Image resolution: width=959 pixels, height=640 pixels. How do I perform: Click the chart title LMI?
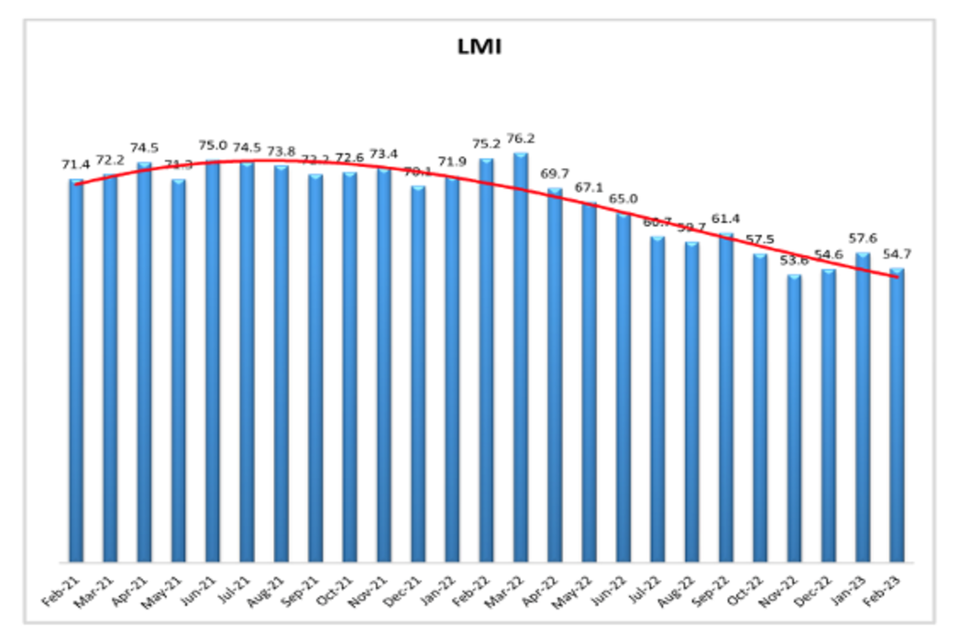(479, 47)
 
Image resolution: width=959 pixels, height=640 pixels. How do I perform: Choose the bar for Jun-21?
(213, 360)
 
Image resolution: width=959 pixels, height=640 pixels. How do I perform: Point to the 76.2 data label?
(521, 138)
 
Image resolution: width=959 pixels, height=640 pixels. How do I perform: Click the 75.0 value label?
(213, 146)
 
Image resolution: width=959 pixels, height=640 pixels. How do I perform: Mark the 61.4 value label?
(726, 218)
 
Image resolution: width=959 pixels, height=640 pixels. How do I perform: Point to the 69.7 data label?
(555, 174)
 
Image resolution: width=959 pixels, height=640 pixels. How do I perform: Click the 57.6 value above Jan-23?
(863, 238)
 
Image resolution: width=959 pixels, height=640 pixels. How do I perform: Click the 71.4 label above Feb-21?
(76, 165)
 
